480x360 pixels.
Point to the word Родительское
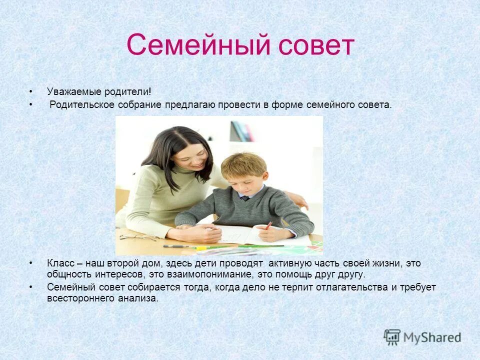point(82,105)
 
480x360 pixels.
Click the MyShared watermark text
point(432,337)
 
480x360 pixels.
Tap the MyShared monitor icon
point(392,337)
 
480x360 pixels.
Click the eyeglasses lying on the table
point(137,237)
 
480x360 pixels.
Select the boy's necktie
point(244,198)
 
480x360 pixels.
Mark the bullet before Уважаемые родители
point(31,91)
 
